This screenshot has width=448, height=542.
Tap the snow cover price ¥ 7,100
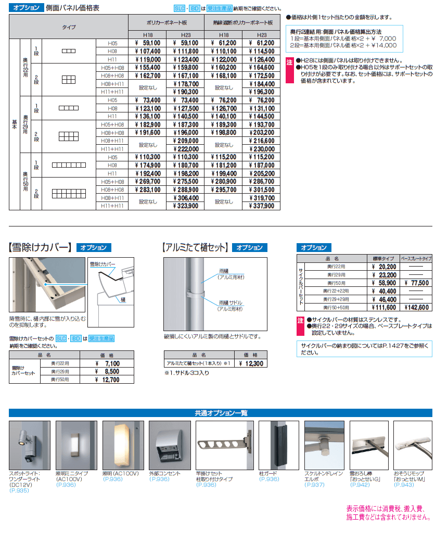pyautogui.click(x=109, y=363)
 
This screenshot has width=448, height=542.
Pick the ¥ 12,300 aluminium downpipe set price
pyautogui.click(x=250, y=363)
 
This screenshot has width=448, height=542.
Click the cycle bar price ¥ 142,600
pyautogui.click(x=416, y=307)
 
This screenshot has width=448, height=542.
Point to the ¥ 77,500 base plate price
pyautogui.click(x=416, y=283)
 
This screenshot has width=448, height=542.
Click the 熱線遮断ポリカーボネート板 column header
pyautogui.click(x=242, y=23)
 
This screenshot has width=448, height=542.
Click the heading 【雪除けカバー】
pyautogui.click(x=40, y=248)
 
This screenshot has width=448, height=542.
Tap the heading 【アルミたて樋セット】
pyautogui.click(x=196, y=248)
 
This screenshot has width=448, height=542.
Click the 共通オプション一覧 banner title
pyautogui.click(x=221, y=413)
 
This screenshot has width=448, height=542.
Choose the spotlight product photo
pyautogui.click(x=30, y=445)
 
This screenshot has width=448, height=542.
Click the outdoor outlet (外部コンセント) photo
pyautogui.click(x=170, y=445)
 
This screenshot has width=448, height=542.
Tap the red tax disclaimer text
pyautogui.click(x=388, y=513)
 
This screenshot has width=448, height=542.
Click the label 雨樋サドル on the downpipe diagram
pyautogui.click(x=231, y=302)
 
